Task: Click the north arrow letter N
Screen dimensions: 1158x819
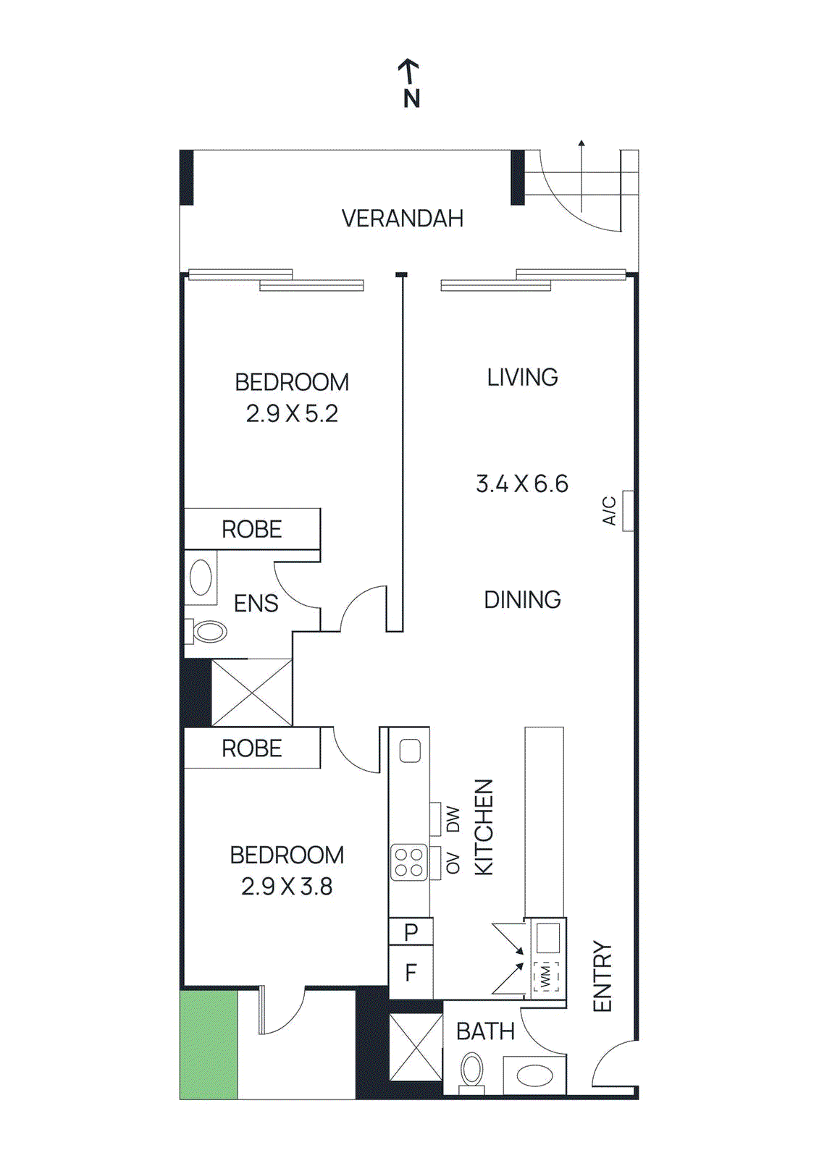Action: (411, 98)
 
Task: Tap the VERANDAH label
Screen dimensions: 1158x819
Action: (402, 219)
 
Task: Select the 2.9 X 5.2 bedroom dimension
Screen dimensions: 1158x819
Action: (292, 413)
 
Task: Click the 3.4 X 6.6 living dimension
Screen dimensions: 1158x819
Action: (521, 483)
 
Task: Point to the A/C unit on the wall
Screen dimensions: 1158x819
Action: (628, 510)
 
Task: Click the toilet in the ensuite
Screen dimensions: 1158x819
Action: (209, 631)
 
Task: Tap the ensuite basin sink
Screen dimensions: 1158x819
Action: (201, 578)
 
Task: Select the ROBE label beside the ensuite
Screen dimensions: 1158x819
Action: (251, 529)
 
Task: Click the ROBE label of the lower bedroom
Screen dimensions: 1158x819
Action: (251, 748)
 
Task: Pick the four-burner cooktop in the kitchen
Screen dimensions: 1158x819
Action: (409, 863)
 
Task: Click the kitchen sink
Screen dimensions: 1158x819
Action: (410, 751)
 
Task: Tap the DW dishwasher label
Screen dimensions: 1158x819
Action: (453, 819)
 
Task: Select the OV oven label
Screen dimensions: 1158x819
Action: (453, 863)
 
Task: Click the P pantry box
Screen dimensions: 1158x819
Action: (411, 932)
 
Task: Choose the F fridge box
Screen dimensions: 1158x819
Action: (411, 973)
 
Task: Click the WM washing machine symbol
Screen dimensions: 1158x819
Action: (546, 977)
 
